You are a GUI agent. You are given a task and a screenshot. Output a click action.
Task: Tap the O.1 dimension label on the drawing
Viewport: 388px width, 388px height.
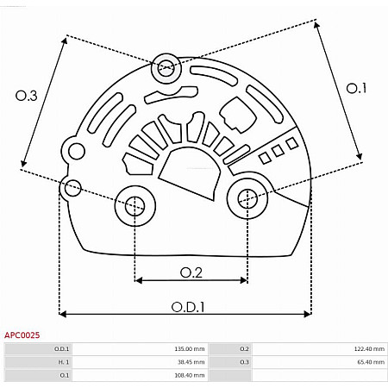tap(356, 88)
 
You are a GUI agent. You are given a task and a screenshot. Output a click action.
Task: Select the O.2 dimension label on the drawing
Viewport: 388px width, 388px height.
tap(191, 272)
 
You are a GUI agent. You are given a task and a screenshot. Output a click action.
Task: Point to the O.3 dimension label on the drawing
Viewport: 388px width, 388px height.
tap(27, 97)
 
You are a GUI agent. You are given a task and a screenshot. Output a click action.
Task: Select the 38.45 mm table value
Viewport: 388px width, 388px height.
tap(191, 362)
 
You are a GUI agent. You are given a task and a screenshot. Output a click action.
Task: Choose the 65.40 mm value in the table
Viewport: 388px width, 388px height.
tap(361, 362)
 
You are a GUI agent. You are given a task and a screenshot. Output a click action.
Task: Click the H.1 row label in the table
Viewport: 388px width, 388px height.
tap(63, 362)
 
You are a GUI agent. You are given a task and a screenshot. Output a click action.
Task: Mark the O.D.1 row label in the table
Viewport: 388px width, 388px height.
tap(62, 348)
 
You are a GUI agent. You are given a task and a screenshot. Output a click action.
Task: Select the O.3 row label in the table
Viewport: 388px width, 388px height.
tap(244, 362)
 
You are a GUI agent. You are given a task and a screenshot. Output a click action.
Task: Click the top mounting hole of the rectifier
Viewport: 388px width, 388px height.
tap(166, 68)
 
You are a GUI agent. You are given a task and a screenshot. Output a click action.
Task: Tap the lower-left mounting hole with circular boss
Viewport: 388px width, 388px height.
tap(135, 205)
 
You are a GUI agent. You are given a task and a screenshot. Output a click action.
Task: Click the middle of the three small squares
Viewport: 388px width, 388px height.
tap(278, 151)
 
